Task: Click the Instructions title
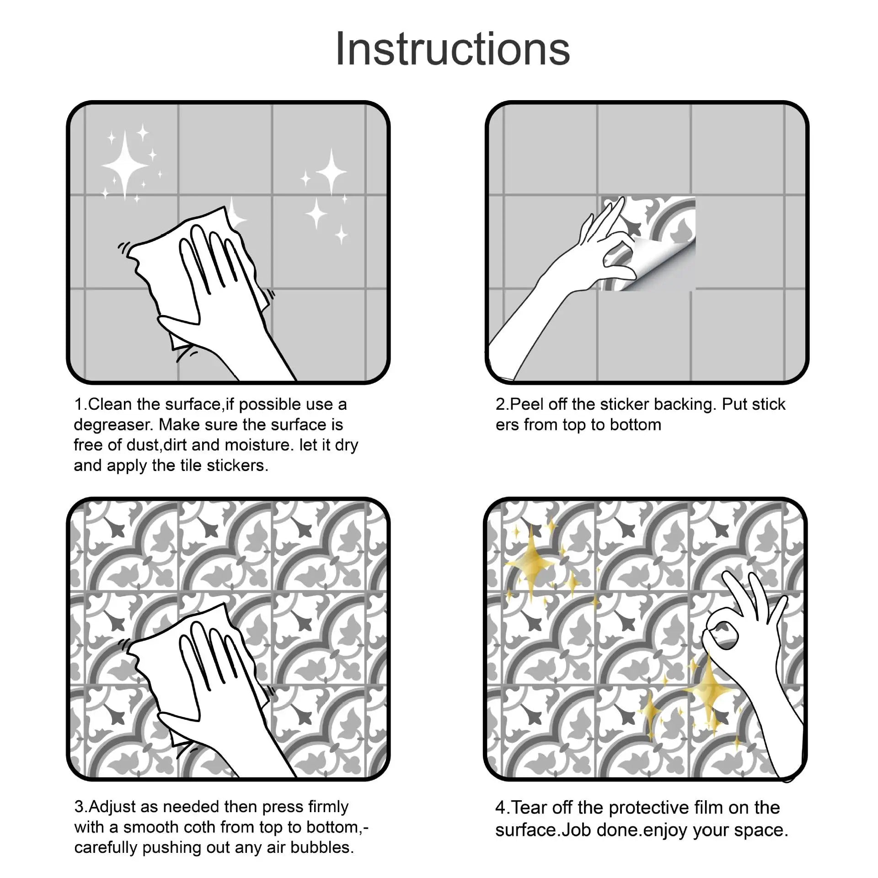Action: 452,49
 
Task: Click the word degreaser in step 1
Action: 112,425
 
